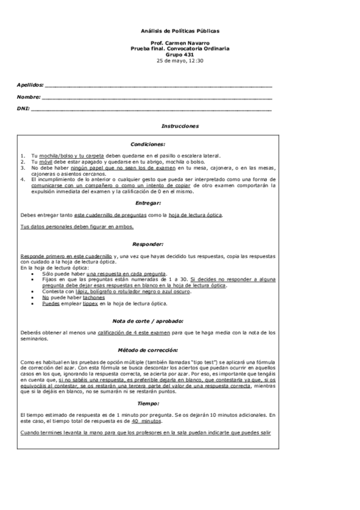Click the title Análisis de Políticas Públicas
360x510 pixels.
click(x=180, y=29)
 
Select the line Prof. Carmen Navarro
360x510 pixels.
click(x=180, y=43)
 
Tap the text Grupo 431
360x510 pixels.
click(x=180, y=55)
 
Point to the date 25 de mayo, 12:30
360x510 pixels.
click(x=180, y=61)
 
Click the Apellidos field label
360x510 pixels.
click(x=31, y=85)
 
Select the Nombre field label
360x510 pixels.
click(x=29, y=97)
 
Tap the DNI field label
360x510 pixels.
click(x=23, y=109)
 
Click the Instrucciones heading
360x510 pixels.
click(x=180, y=126)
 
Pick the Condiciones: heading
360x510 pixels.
click(x=148, y=144)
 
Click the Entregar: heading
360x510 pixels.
click(x=148, y=203)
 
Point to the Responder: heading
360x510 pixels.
click(x=148, y=244)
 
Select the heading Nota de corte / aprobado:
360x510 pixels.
click(x=148, y=321)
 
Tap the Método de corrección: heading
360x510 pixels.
click(x=148, y=349)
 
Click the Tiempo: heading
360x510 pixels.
click(x=148, y=404)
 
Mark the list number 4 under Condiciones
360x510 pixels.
click(x=22, y=179)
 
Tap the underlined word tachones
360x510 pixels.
click(x=94, y=297)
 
